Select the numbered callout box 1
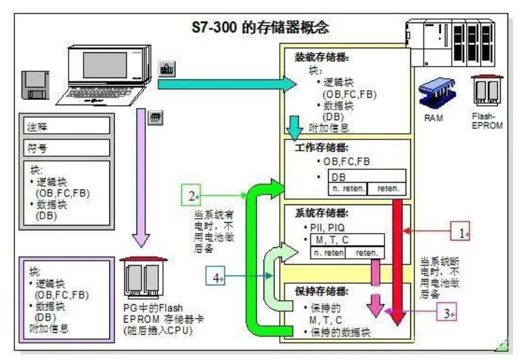pos(461,232)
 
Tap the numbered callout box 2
pos(193,196)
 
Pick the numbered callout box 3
pos(444,313)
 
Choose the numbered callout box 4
pos(215,276)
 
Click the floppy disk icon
pos(34,84)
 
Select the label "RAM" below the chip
pos(433,117)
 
